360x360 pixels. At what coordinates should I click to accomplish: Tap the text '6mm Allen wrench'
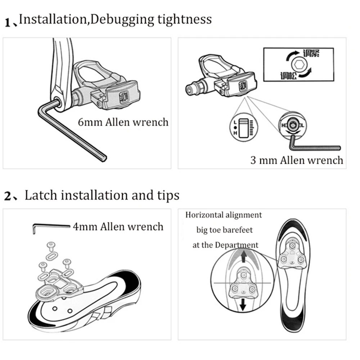coord(123,122)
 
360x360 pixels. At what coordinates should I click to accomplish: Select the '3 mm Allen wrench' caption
coord(297,160)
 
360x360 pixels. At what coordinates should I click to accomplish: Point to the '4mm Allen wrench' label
coord(118,227)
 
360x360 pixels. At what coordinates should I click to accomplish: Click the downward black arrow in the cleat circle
coord(243,305)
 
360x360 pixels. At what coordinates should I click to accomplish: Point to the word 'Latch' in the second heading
coord(41,195)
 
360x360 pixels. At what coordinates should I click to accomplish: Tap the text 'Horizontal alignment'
coord(224,215)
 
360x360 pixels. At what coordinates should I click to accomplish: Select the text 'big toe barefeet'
coord(225,230)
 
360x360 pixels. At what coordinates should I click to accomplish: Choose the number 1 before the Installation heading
coord(8,23)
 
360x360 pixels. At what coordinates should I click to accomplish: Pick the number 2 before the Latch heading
coord(8,197)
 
